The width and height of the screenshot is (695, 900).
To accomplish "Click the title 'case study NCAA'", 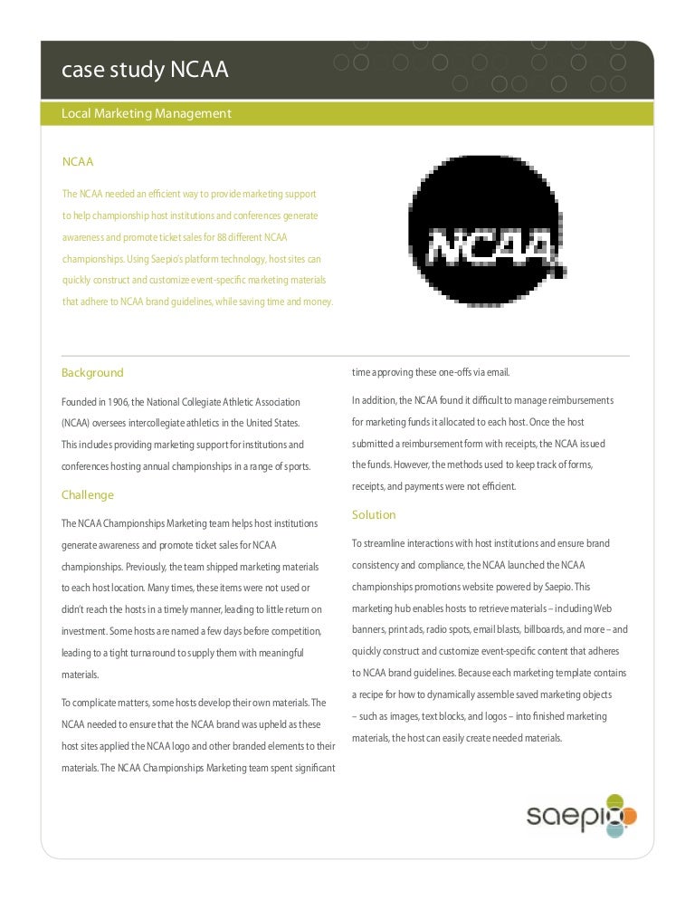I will coord(144,72).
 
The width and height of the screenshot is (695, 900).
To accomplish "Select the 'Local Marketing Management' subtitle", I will coord(146,114).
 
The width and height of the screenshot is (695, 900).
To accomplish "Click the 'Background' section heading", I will coord(92,373).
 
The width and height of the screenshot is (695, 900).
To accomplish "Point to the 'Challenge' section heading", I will coord(88,495).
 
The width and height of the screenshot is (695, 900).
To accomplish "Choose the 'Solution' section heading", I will coord(374,515).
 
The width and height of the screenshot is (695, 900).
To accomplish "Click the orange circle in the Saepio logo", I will coord(629,818).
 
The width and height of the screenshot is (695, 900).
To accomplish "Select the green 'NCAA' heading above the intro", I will coord(78,161).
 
